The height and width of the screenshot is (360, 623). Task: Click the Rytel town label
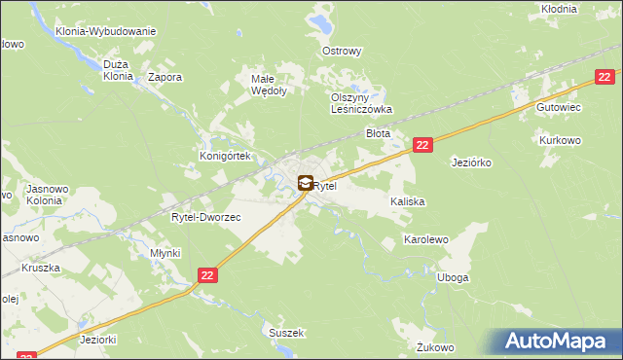(326, 185)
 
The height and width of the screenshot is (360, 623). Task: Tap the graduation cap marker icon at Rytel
(306, 182)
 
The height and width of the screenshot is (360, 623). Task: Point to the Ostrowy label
(342, 51)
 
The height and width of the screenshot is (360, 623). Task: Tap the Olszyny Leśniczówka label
(360, 103)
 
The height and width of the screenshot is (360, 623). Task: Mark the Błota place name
(378, 132)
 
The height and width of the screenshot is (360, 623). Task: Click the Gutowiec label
(559, 108)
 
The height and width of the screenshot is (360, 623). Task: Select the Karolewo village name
(425, 238)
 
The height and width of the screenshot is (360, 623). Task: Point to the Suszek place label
(287, 332)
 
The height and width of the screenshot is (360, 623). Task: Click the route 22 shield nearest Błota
(421, 144)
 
